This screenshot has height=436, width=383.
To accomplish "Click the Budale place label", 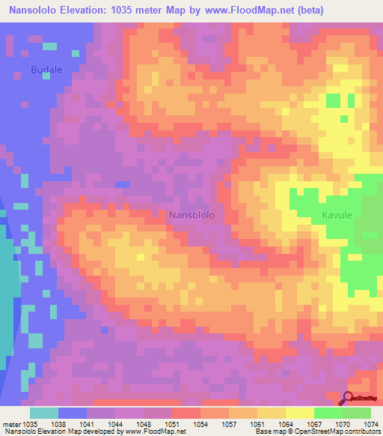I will (46, 70).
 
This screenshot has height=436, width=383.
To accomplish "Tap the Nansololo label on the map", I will (192, 215).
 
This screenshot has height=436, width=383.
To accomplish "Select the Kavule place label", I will (337, 215).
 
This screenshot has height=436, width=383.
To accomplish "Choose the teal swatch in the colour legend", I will (44, 413).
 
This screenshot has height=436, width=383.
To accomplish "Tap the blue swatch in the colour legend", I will (73, 413).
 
